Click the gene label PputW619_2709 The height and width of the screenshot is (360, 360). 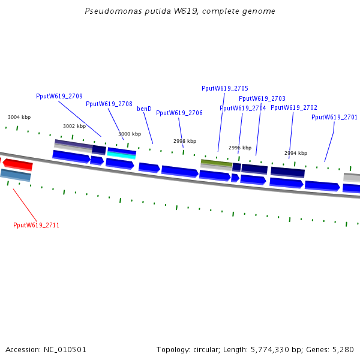59,96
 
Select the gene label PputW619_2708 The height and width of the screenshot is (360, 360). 109,104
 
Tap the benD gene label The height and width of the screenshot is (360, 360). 144,109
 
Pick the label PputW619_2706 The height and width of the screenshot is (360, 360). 179,113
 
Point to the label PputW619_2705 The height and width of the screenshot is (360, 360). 225,88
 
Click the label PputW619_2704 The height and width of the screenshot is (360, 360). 242,108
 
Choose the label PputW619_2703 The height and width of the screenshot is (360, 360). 262,98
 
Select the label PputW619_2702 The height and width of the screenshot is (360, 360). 294,107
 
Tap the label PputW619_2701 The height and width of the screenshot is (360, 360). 334,117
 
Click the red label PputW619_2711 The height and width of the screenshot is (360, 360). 36,225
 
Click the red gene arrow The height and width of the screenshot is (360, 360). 17,164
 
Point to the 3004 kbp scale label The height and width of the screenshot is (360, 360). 19,117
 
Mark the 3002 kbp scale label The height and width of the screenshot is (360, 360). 74,126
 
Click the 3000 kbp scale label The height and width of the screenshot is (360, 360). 130,134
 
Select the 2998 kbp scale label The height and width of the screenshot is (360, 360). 185,141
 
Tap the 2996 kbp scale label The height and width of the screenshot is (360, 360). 240,148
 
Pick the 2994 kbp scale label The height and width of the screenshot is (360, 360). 296,153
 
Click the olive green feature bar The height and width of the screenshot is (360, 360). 216,163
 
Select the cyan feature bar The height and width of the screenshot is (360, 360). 121,155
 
